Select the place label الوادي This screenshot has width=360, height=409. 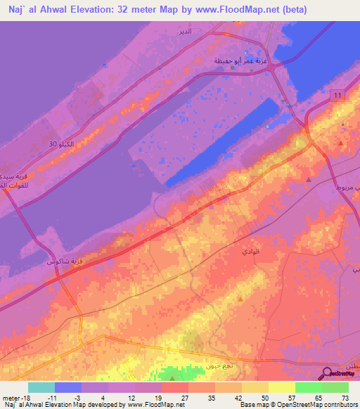pos(250,250)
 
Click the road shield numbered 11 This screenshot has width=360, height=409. pos(340,95)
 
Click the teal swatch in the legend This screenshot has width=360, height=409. pos(41,387)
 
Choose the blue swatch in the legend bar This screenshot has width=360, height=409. pos(68,387)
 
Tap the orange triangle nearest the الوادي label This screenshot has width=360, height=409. pos(240,299)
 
